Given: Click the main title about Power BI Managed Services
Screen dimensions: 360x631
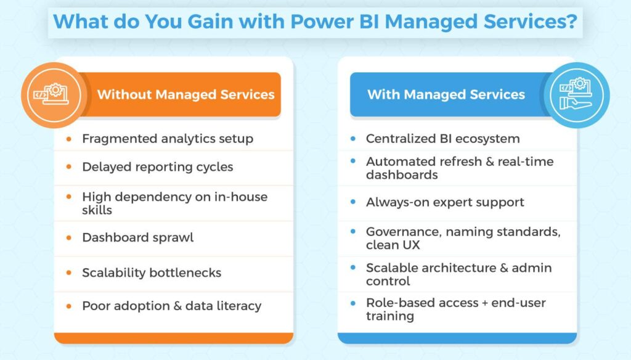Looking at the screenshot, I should [x=315, y=22].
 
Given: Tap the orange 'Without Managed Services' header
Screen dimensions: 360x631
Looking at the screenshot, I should [x=185, y=94].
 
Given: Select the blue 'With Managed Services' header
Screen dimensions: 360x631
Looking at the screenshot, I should [x=446, y=94].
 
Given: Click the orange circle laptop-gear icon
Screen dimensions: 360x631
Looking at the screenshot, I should [x=52, y=94].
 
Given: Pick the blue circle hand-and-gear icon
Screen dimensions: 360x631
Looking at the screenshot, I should [x=577, y=94].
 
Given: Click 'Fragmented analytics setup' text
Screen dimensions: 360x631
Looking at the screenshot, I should [x=167, y=139].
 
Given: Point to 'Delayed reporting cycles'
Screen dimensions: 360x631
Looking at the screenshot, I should [x=157, y=167].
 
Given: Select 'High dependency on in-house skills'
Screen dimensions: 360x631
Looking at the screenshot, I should [x=174, y=203].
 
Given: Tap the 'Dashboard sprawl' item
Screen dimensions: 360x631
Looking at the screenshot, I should [x=137, y=237].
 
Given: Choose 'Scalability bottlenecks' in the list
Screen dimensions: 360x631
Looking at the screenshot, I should [x=151, y=272].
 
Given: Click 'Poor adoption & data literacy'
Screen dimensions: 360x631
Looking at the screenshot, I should [x=171, y=306].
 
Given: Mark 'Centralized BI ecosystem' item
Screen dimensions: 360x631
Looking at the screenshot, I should [x=442, y=139].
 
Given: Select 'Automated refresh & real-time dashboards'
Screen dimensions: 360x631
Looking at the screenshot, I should [x=459, y=168].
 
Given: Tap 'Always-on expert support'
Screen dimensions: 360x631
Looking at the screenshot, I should [x=445, y=202].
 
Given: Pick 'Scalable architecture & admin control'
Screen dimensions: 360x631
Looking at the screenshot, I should [x=458, y=274].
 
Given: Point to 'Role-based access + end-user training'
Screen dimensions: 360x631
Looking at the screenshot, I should [x=455, y=309].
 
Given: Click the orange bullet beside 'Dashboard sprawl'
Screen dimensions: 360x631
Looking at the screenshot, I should [x=69, y=237].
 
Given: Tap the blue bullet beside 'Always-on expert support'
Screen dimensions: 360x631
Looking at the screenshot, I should [x=352, y=202].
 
